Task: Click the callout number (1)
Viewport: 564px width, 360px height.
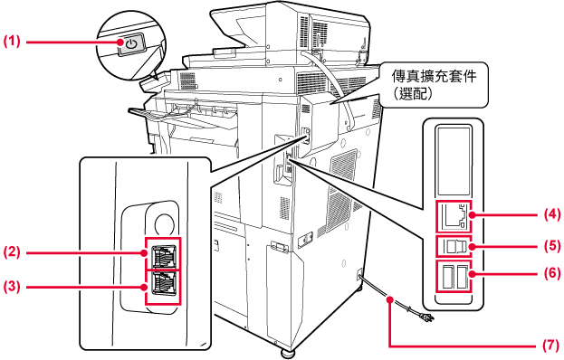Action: click(12, 42)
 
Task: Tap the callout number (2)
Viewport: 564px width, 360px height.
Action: click(12, 251)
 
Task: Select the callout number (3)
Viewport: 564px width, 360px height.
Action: click(12, 287)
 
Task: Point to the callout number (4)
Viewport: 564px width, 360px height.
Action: click(551, 214)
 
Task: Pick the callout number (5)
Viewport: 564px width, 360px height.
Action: click(551, 246)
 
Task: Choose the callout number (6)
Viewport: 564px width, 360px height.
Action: click(551, 273)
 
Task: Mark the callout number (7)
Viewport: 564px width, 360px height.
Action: click(551, 346)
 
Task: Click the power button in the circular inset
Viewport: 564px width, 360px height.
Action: click(132, 44)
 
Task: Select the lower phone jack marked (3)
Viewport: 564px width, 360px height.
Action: click(164, 283)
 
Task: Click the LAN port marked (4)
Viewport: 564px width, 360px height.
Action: click(454, 217)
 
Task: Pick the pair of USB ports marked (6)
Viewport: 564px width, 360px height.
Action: click(454, 276)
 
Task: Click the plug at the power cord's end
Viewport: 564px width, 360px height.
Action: click(429, 317)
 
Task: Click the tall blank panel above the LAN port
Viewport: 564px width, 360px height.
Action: click(454, 161)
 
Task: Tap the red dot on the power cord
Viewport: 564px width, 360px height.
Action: click(389, 298)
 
